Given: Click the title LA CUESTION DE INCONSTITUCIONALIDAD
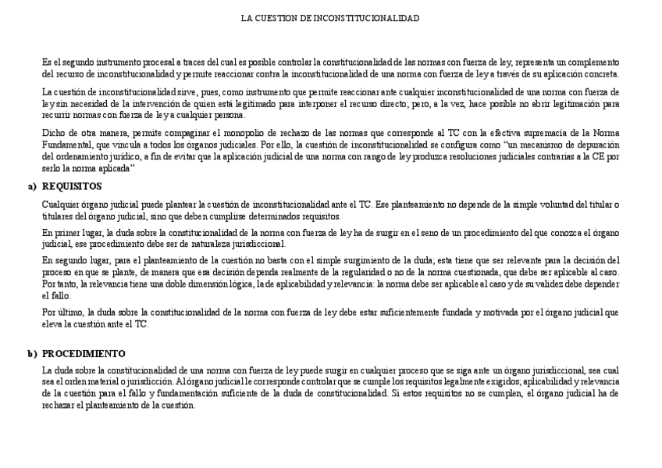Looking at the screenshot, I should coord(330,17).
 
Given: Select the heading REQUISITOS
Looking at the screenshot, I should coord(71,187).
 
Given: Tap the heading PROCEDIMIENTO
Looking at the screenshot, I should coord(84,353).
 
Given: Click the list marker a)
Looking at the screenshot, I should coord(32,187).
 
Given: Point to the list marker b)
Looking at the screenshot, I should coord(32,353).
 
